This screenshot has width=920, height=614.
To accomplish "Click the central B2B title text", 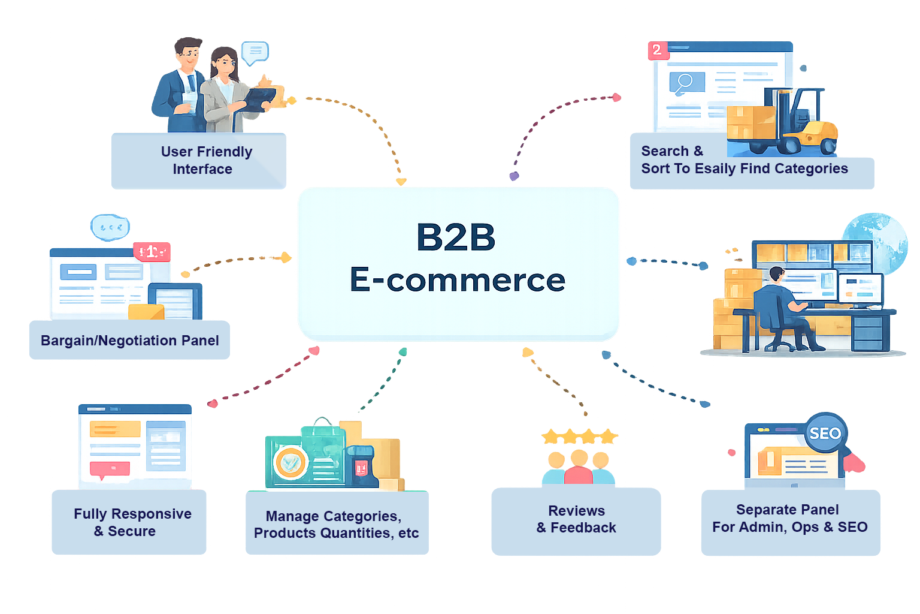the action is click(456, 237).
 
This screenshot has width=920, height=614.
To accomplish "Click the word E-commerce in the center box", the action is click(458, 279).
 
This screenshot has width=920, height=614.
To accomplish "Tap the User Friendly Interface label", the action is click(206, 160).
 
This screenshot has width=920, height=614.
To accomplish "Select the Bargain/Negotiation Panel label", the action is click(130, 341).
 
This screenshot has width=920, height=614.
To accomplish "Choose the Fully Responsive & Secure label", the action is click(132, 522).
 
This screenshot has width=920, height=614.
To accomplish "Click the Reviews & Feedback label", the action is click(576, 519).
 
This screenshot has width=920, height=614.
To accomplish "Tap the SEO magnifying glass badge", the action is click(825, 433).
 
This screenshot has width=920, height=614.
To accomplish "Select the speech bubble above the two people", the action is click(255, 53).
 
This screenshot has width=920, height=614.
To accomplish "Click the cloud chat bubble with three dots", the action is click(110, 227).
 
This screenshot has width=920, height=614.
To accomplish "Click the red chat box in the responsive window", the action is click(110, 469).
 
